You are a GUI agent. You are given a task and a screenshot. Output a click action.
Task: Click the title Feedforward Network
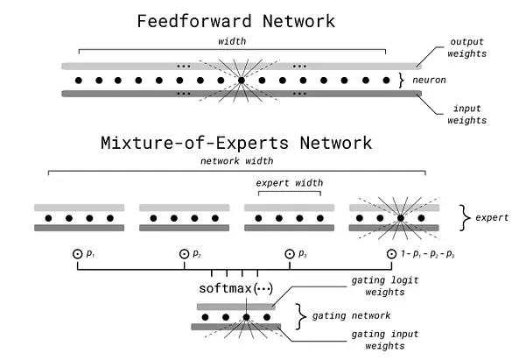(x=236, y=21)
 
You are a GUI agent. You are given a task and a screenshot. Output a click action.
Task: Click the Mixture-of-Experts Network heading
(x=236, y=143)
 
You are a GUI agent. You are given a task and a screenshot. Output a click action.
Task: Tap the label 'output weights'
(x=466, y=47)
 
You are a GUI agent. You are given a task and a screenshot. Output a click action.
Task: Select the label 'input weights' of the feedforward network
(x=466, y=114)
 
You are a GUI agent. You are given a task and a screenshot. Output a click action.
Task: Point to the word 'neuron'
(x=429, y=80)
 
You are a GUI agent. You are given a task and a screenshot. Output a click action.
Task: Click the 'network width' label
(x=237, y=161)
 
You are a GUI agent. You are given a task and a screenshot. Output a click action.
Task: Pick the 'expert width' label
(x=290, y=183)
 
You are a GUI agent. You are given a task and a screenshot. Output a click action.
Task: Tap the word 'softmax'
(x=226, y=288)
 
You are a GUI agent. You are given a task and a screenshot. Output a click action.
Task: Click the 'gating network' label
(x=351, y=316)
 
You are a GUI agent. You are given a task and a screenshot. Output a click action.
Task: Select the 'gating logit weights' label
(x=385, y=286)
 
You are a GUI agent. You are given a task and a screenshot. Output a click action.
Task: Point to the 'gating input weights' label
(x=385, y=340)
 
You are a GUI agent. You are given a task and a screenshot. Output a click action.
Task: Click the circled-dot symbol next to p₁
(x=77, y=254)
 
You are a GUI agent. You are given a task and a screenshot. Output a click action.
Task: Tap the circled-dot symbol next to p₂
(x=184, y=254)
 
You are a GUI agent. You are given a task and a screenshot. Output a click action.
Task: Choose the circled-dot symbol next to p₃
(x=290, y=254)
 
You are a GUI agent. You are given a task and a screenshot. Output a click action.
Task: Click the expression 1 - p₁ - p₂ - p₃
(x=427, y=254)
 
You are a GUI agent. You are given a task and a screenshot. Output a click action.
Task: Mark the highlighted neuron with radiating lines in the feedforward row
(x=242, y=81)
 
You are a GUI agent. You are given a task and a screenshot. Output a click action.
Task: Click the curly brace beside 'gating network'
(x=300, y=316)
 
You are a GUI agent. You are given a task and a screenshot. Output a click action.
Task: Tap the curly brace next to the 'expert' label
(x=465, y=217)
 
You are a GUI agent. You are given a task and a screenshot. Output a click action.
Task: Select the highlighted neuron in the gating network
(x=246, y=317)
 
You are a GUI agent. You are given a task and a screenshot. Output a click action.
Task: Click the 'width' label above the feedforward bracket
(x=232, y=41)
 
